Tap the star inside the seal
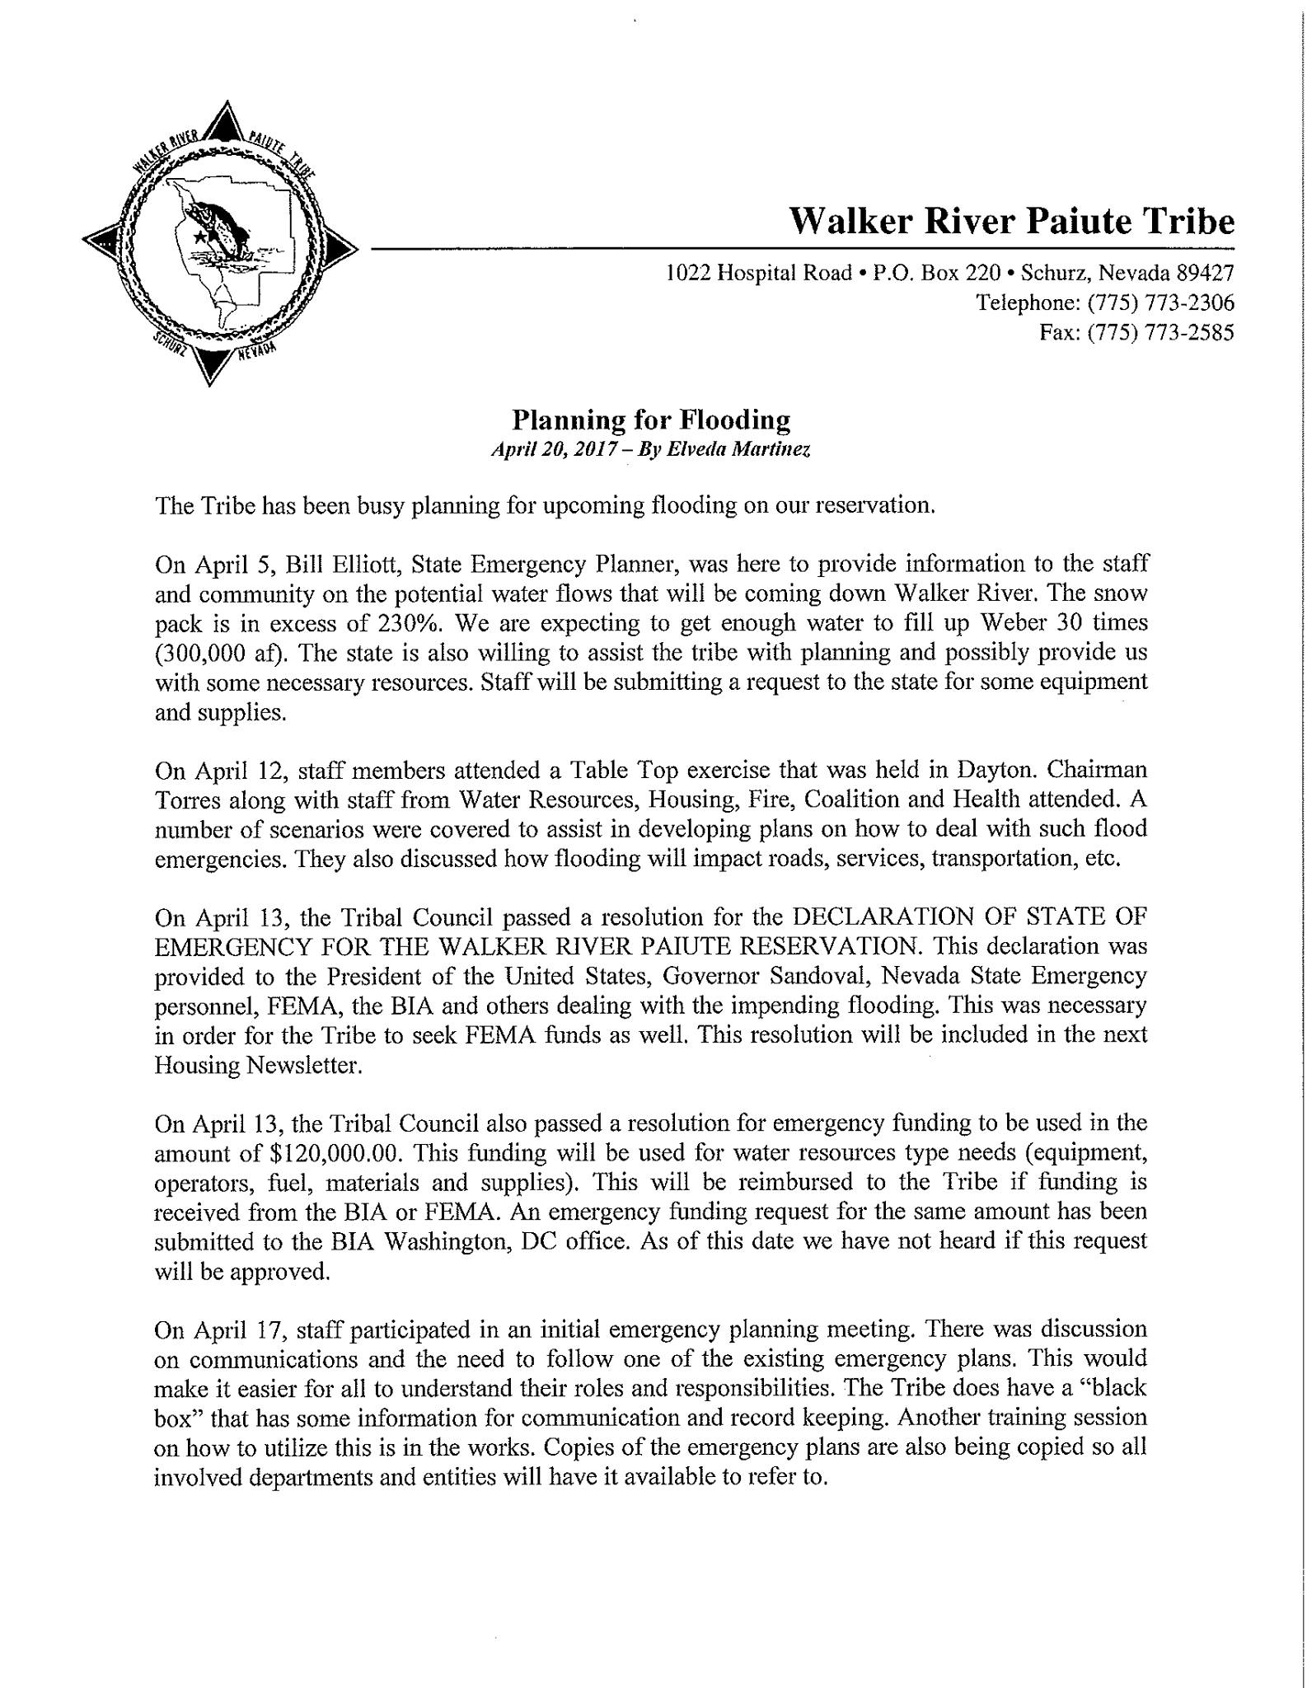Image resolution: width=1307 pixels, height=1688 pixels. coord(200,237)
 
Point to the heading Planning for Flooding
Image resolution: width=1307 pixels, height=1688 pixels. coord(651,420)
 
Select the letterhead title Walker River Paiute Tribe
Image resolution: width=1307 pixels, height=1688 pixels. coord(1012,221)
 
